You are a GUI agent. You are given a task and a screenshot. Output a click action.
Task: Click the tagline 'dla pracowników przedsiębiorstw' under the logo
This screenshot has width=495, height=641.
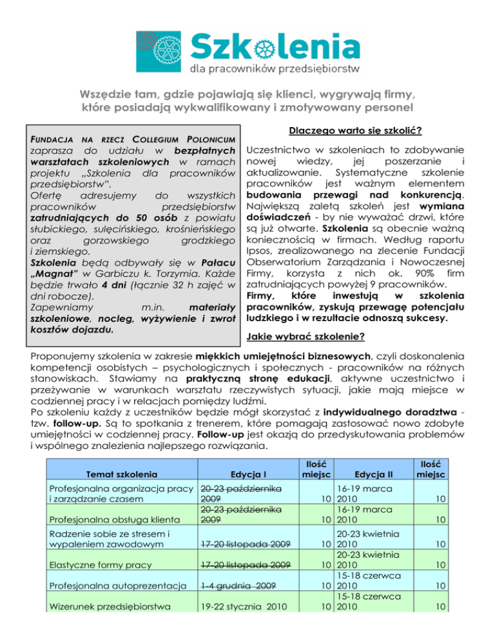click(x=283, y=68)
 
